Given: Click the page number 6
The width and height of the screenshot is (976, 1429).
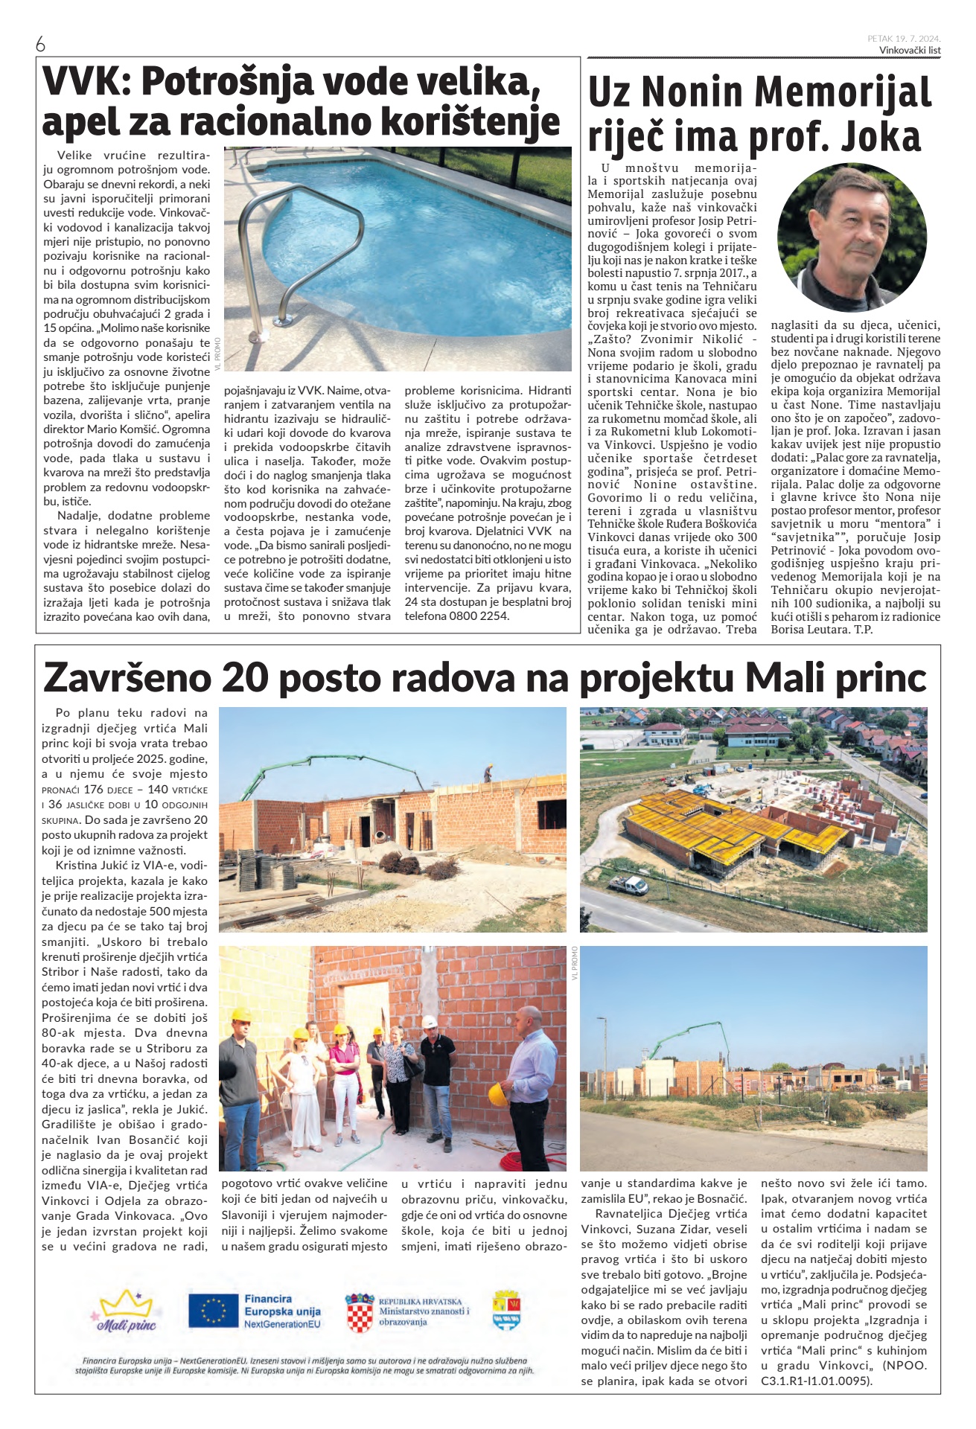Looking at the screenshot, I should [x=41, y=45].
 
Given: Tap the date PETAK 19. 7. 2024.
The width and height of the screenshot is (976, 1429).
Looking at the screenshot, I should [x=904, y=38].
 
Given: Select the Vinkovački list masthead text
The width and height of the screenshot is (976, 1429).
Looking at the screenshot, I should [x=910, y=50].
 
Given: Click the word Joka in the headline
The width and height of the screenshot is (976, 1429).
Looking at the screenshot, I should [x=881, y=138].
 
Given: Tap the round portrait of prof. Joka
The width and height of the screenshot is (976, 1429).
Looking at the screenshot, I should [x=852, y=237].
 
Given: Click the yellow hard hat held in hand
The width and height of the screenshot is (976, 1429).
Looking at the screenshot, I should [x=498, y=1093].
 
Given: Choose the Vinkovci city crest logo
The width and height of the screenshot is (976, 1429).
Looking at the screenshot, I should [x=506, y=1311].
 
